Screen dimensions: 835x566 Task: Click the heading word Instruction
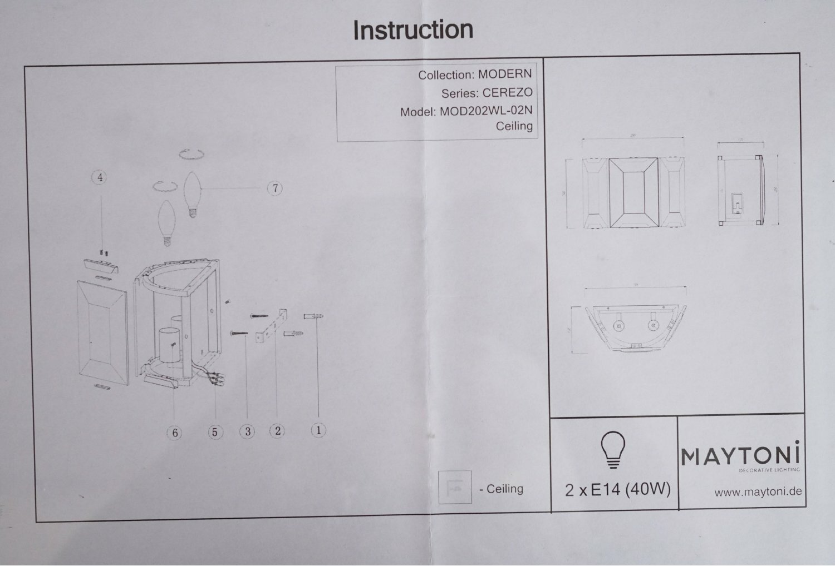(413, 30)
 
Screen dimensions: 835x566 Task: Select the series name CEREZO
(507, 92)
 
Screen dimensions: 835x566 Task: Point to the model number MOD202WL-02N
(486, 111)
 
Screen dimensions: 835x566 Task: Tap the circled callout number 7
(276, 188)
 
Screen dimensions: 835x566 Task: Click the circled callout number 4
(100, 177)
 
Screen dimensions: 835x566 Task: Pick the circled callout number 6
(175, 432)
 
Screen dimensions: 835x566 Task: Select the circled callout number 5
(215, 431)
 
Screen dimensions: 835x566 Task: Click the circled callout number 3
(247, 431)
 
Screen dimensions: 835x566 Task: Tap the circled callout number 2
(277, 430)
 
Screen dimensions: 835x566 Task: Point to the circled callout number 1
(318, 429)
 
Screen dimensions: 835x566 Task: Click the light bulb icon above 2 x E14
(611, 448)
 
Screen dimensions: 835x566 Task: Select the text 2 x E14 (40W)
(617, 489)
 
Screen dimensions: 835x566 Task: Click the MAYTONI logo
(740, 456)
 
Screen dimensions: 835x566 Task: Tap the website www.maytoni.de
(758, 491)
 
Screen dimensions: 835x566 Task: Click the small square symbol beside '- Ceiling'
(455, 487)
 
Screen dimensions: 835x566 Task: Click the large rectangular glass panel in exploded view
(102, 331)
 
